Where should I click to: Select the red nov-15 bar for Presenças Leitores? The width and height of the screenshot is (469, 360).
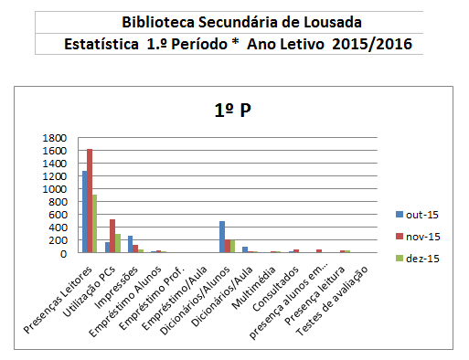[90, 201]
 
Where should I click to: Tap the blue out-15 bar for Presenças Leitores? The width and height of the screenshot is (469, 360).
[84, 212]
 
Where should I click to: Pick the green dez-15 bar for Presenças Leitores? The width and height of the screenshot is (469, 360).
[95, 224]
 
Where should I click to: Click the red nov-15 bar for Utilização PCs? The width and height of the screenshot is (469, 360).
[112, 236]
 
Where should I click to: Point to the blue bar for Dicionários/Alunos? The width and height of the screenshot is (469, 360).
[221, 237]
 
